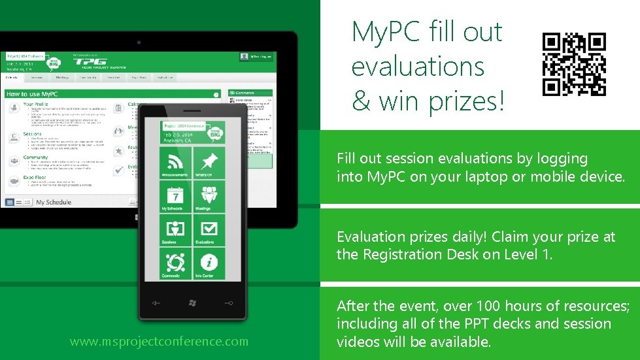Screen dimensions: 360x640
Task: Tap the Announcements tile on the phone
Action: pos(175,163)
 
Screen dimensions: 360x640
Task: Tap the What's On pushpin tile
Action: pos(209,163)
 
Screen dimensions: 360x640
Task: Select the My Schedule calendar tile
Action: pos(175,197)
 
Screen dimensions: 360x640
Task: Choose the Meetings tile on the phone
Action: pos(209,197)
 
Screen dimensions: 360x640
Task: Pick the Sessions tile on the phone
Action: pos(175,231)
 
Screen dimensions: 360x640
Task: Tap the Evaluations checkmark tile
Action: pos(209,231)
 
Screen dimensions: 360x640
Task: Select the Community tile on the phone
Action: pos(175,264)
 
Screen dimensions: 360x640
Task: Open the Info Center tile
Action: pos(209,264)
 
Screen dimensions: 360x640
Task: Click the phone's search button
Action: pos(227,303)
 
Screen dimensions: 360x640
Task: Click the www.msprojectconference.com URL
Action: pos(159,341)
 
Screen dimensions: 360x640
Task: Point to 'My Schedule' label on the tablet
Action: pos(53,203)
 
